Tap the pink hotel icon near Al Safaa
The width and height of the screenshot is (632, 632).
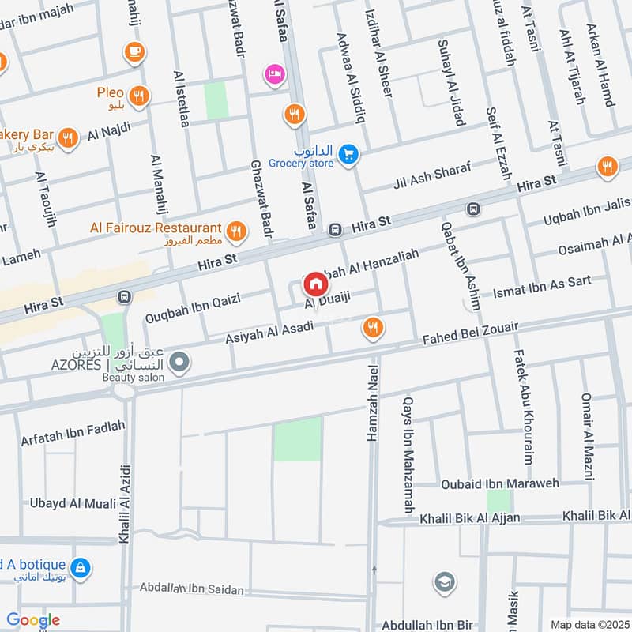[275, 73]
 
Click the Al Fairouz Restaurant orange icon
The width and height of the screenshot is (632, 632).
[235, 231]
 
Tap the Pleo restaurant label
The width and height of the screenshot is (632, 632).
[111, 93]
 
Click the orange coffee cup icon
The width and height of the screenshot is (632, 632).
[134, 52]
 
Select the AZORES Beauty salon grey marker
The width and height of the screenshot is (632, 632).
[180, 363]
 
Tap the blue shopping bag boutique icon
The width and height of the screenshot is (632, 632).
[80, 567]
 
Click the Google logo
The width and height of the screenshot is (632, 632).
[32, 620]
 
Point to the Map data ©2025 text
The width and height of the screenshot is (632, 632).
[589, 624]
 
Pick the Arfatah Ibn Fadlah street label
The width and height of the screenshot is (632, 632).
[73, 432]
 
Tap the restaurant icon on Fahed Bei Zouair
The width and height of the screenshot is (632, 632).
[372, 327]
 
